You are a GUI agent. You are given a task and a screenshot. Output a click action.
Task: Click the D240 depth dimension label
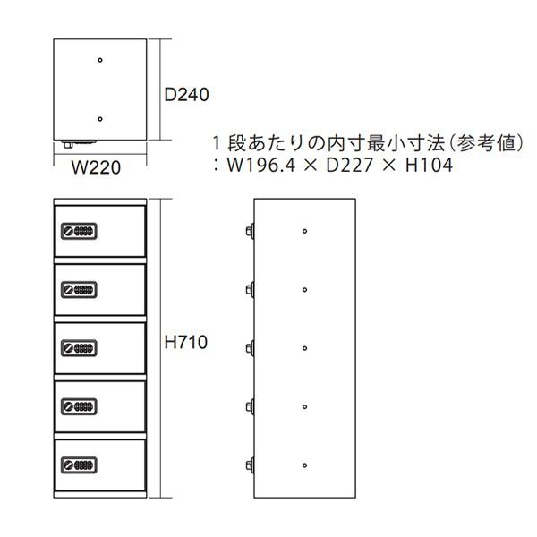coord(186,95)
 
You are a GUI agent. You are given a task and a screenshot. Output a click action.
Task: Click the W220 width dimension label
coord(96,167)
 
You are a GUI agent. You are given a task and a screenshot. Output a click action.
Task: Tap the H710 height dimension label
coord(186,342)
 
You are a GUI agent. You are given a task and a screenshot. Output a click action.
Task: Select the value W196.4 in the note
coord(260,165)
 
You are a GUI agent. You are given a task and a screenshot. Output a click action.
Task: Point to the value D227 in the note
coord(349,165)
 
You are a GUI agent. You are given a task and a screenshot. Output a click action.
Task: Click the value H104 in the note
coord(429,165)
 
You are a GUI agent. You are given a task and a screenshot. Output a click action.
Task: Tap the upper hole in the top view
coord(100,60)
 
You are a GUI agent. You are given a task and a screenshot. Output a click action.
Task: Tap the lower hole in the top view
coord(100,119)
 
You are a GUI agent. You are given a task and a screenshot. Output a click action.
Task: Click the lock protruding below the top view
coord(78,143)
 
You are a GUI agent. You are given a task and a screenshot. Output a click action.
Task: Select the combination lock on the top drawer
coord(79,231)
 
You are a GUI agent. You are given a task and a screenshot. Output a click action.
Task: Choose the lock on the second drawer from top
coord(79,290)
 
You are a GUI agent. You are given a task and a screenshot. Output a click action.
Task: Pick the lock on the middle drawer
coord(79,348)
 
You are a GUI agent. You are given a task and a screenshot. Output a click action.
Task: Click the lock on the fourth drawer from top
coord(79,407)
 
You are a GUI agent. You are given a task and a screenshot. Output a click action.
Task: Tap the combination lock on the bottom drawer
coord(79,465)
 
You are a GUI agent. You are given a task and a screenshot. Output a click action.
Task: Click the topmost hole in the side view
coord(304,231)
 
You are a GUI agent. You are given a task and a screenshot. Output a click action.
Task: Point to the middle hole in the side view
coord(304,348)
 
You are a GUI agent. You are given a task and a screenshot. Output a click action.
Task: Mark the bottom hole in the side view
coord(304,465)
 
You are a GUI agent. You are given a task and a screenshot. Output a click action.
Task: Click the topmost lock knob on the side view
coord(250,231)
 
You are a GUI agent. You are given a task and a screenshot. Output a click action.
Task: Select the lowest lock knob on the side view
coord(250,465)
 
